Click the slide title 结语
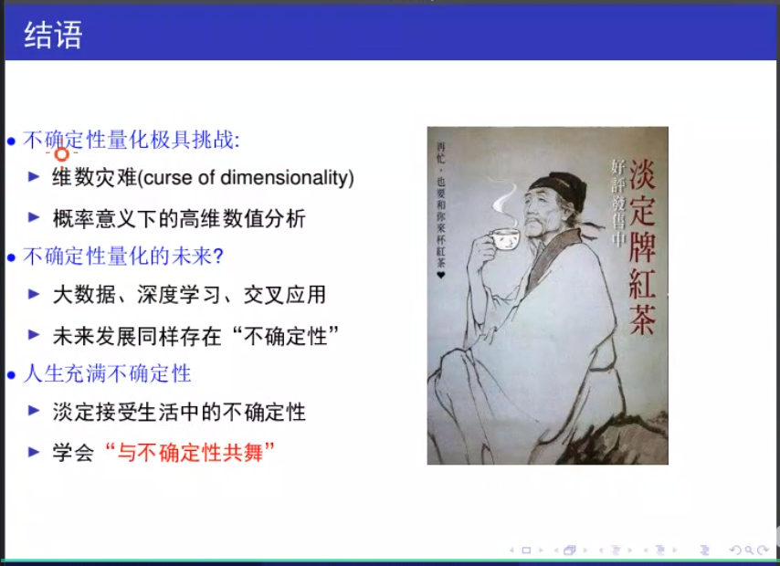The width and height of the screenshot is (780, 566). click(53, 35)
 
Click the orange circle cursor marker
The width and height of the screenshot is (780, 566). click(62, 154)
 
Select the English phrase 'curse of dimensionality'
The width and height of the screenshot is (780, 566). click(248, 177)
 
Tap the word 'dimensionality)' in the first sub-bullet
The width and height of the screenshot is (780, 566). click(287, 177)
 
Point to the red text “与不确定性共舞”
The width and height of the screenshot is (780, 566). click(190, 453)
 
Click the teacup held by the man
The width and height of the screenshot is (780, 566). click(503, 239)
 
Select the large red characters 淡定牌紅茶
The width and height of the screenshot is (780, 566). click(642, 246)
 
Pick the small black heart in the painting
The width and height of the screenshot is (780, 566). click(441, 275)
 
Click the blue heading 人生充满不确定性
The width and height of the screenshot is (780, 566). click(107, 373)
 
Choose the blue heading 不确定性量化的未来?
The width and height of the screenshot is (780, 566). click(123, 257)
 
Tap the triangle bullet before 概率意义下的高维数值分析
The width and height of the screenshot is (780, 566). click(34, 217)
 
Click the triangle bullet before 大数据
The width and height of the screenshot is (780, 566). click(34, 294)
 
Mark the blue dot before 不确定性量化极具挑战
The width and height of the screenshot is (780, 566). click(12, 141)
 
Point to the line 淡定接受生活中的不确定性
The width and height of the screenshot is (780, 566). click(179, 413)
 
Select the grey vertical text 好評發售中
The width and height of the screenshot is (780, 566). click(618, 203)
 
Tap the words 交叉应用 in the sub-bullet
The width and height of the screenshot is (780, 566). click(285, 295)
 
